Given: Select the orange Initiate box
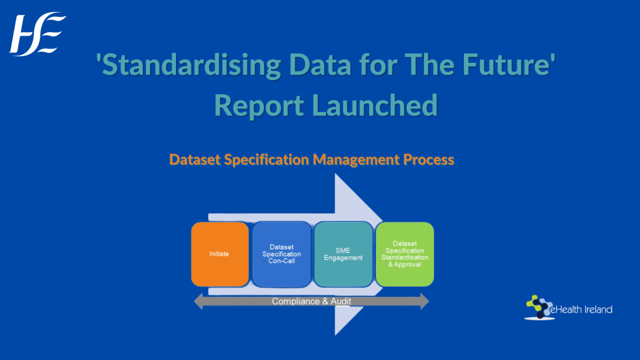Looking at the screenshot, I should tap(220, 254).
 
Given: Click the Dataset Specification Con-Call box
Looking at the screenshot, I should tap(281, 254).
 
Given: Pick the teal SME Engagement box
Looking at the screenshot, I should tap(343, 254).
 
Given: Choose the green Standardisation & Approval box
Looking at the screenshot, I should tap(404, 254).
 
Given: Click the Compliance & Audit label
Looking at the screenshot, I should tap(311, 301).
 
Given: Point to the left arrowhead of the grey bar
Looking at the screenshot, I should tap(197, 302).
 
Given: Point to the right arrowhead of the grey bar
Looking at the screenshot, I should tap(425, 302).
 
